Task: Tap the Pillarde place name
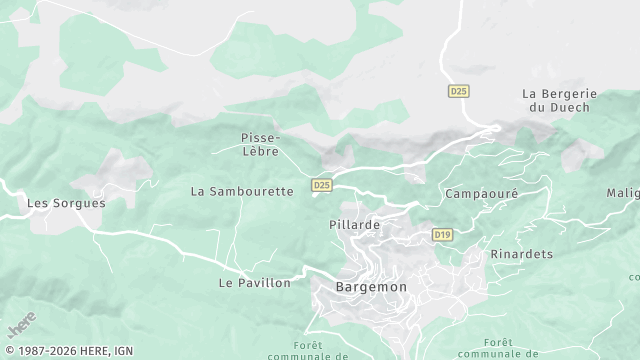(354, 225)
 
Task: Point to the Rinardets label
(522, 254)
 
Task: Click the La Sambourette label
(242, 190)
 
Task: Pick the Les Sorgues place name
(66, 202)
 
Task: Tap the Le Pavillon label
(254, 283)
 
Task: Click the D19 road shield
(442, 234)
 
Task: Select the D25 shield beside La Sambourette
(321, 185)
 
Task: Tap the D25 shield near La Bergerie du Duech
(458, 91)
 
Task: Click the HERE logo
(20, 327)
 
